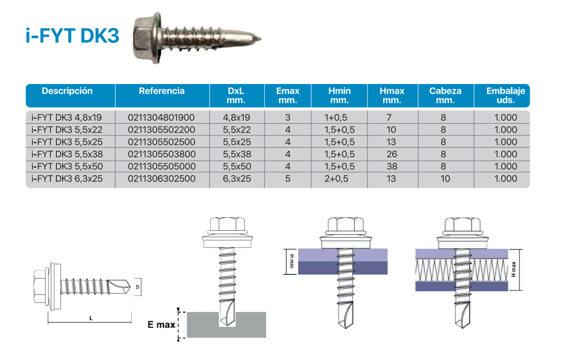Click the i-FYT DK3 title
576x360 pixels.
(x=72, y=36)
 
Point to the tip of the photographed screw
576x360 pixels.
(x=260, y=38)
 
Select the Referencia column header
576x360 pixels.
(x=162, y=91)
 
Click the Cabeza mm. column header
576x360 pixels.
(x=445, y=96)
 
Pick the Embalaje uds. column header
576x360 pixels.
(x=505, y=96)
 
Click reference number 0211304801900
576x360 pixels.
(x=161, y=118)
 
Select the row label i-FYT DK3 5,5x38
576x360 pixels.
(x=67, y=154)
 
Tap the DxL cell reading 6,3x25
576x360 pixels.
(x=237, y=179)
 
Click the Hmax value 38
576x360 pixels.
(x=392, y=167)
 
